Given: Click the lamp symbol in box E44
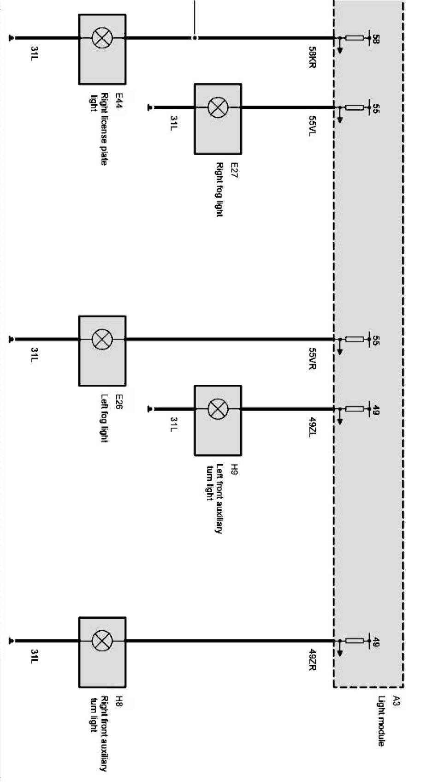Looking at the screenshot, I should [102, 38].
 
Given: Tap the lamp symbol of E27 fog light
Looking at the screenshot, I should [218, 107].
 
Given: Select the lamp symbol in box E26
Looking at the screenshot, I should [102, 340].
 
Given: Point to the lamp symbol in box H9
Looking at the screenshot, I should [218, 409].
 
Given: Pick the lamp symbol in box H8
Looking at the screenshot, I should [102, 641].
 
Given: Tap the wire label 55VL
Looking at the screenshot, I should [312, 126].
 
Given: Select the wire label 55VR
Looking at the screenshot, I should [312, 358].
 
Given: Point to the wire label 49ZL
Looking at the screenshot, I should [312, 428].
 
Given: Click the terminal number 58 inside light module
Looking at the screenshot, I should [375, 39].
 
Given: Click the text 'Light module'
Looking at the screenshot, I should [381, 721].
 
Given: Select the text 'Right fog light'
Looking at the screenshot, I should [219, 189].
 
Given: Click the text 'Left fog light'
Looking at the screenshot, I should [104, 418].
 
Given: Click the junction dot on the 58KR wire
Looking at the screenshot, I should [195, 38].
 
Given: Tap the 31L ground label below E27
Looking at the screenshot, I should [174, 123].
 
